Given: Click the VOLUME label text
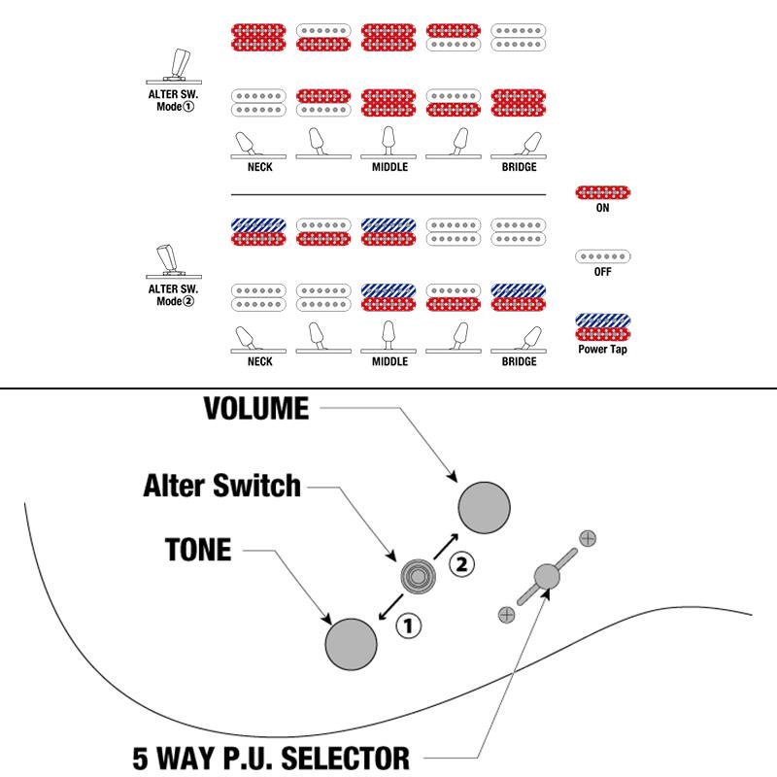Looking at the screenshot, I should (x=255, y=409).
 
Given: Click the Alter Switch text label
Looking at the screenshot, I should (x=221, y=486).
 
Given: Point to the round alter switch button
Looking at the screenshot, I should (x=418, y=577).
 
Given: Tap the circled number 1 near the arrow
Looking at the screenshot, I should (x=409, y=626).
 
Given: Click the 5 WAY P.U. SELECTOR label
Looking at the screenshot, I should (x=271, y=756).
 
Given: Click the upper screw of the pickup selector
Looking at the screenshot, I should (x=588, y=537).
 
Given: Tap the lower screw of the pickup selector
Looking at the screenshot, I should (x=505, y=613).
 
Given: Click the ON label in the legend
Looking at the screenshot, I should (x=602, y=208).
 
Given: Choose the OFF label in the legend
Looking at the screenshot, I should (x=602, y=273).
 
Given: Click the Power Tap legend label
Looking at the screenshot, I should (x=602, y=349).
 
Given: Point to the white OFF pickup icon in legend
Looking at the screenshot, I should (x=602, y=257).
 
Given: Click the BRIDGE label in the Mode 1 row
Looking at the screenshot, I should (x=519, y=168).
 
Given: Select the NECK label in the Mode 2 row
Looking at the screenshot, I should (x=259, y=361).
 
